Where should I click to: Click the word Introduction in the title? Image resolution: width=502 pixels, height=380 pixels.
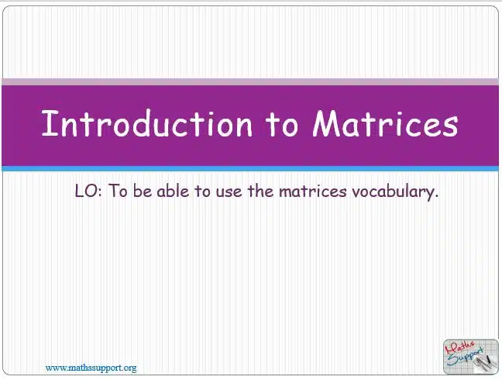[147, 123]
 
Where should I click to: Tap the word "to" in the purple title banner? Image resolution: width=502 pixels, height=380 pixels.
[282, 124]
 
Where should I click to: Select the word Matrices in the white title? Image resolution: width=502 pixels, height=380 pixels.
[386, 123]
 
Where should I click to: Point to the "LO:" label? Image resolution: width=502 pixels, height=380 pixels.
[88, 191]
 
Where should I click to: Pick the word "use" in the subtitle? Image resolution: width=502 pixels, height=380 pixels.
[229, 192]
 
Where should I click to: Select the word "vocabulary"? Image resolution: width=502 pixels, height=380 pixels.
[395, 192]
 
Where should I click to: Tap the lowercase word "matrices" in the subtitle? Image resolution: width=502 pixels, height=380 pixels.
[313, 192]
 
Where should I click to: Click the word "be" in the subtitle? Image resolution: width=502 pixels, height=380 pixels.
[142, 191]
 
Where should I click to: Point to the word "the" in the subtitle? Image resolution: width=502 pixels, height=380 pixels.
[260, 191]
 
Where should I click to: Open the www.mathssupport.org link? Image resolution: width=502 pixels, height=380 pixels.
[91, 368]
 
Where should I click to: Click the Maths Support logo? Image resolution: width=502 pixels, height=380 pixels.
[471, 357]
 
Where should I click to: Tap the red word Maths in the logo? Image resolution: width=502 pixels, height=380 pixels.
[459, 347]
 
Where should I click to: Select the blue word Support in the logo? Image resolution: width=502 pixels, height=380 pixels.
[465, 357]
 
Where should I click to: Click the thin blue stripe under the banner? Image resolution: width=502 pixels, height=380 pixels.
[250, 168]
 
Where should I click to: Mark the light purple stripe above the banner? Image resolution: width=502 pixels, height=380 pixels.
[250, 81]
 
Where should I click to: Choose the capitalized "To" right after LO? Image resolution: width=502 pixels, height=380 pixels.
[118, 191]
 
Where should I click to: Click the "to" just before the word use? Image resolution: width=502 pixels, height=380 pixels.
[203, 192]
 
